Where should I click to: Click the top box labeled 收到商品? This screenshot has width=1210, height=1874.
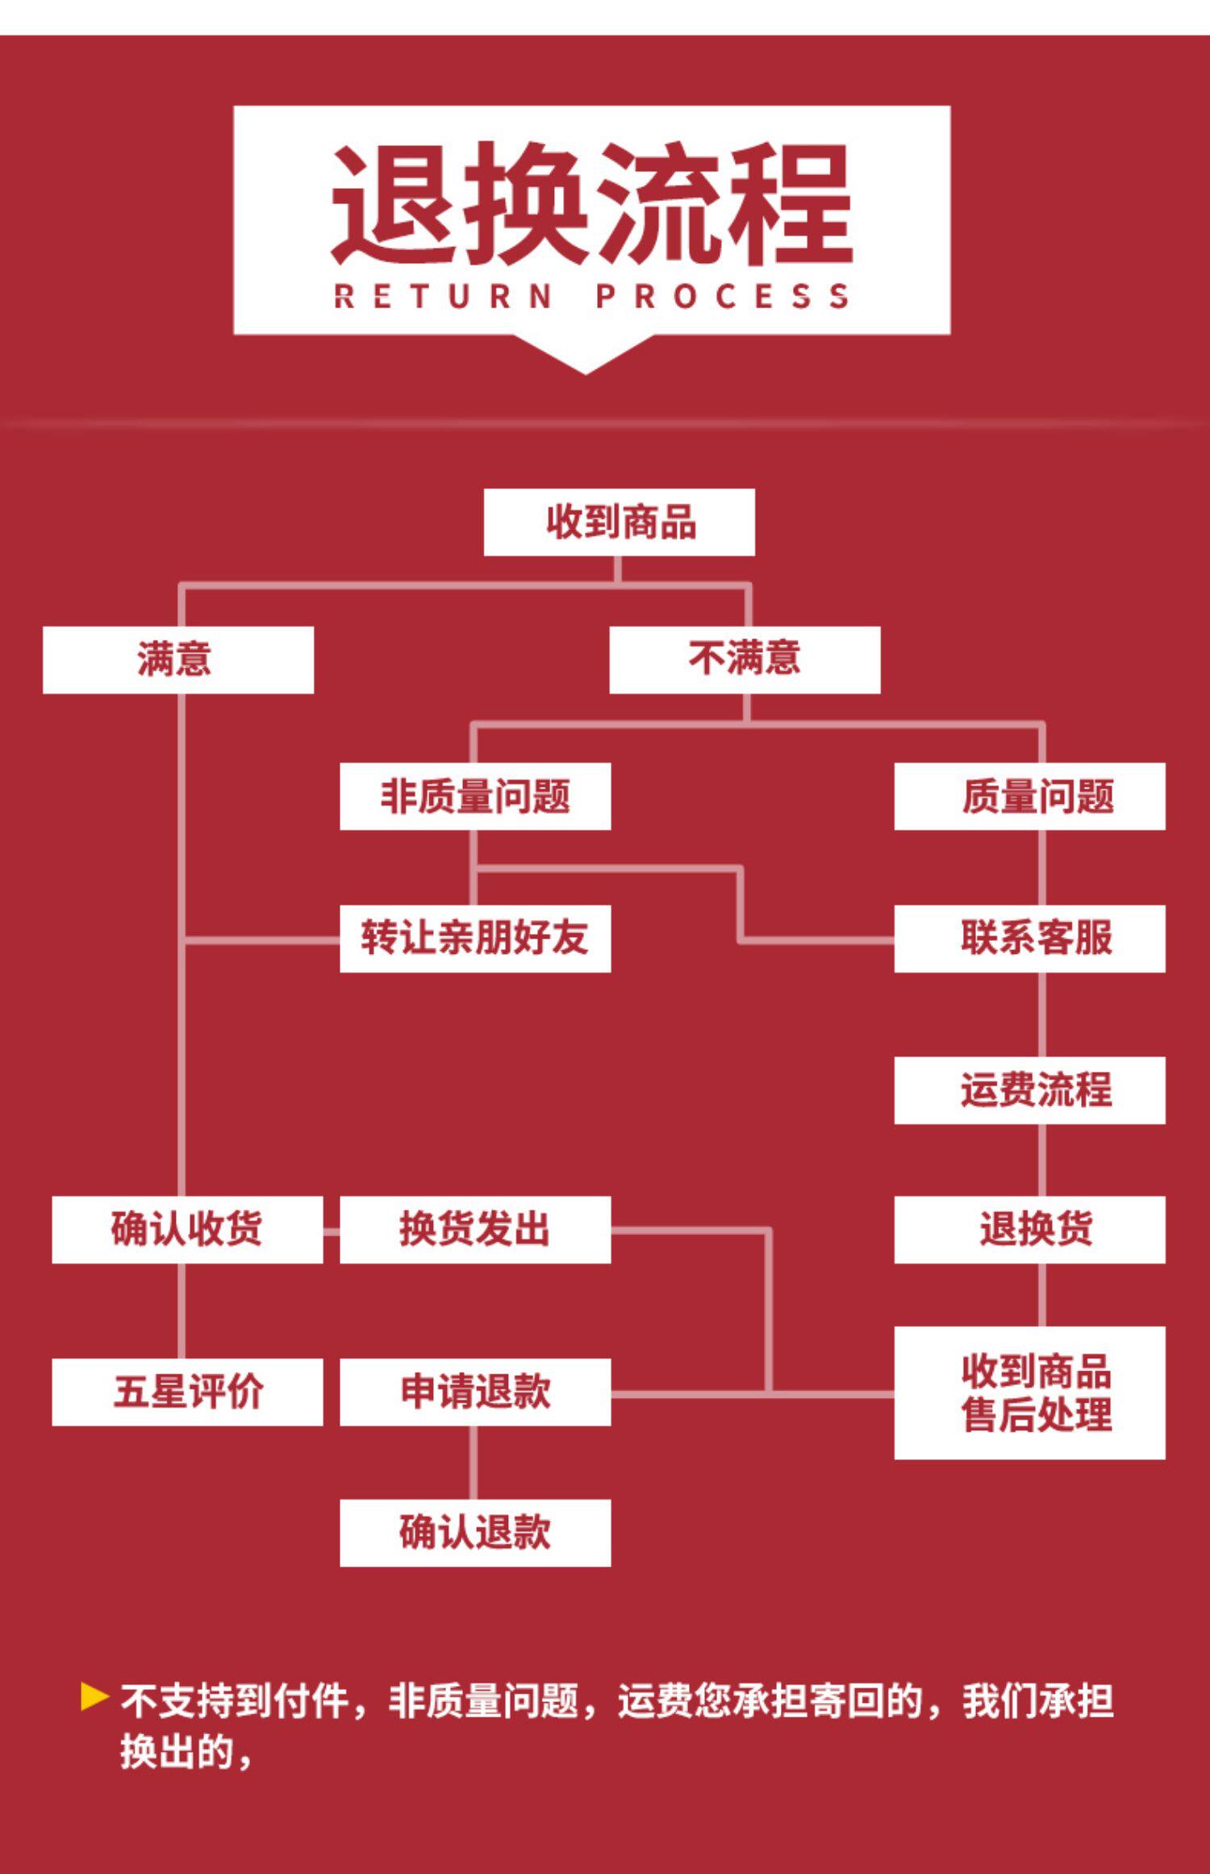[619, 521]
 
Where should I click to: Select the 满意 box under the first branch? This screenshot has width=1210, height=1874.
[177, 659]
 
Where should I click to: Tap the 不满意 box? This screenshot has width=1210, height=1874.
[744, 659]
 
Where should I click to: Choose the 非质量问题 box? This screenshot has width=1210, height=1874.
[474, 796]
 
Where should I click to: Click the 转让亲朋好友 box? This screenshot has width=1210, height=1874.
[474, 938]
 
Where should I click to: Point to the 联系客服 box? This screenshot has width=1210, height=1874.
[1029, 938]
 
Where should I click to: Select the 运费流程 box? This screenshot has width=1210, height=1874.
[1029, 1090]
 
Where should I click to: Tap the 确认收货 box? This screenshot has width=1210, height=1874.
[187, 1229]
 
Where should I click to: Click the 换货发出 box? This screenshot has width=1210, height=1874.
[474, 1229]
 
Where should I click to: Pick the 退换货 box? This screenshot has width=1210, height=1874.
[1029, 1229]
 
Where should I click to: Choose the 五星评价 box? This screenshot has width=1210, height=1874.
[187, 1391]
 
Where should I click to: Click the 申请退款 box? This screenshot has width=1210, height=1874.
[474, 1391]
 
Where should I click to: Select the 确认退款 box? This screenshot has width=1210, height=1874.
[474, 1533]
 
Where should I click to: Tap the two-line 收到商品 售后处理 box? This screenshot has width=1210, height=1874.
[1029, 1392]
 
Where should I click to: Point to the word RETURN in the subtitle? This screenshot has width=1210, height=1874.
[443, 296]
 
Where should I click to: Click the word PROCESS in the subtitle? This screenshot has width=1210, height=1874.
[722, 296]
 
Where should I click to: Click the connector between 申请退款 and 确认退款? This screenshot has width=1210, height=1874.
[474, 1462]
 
